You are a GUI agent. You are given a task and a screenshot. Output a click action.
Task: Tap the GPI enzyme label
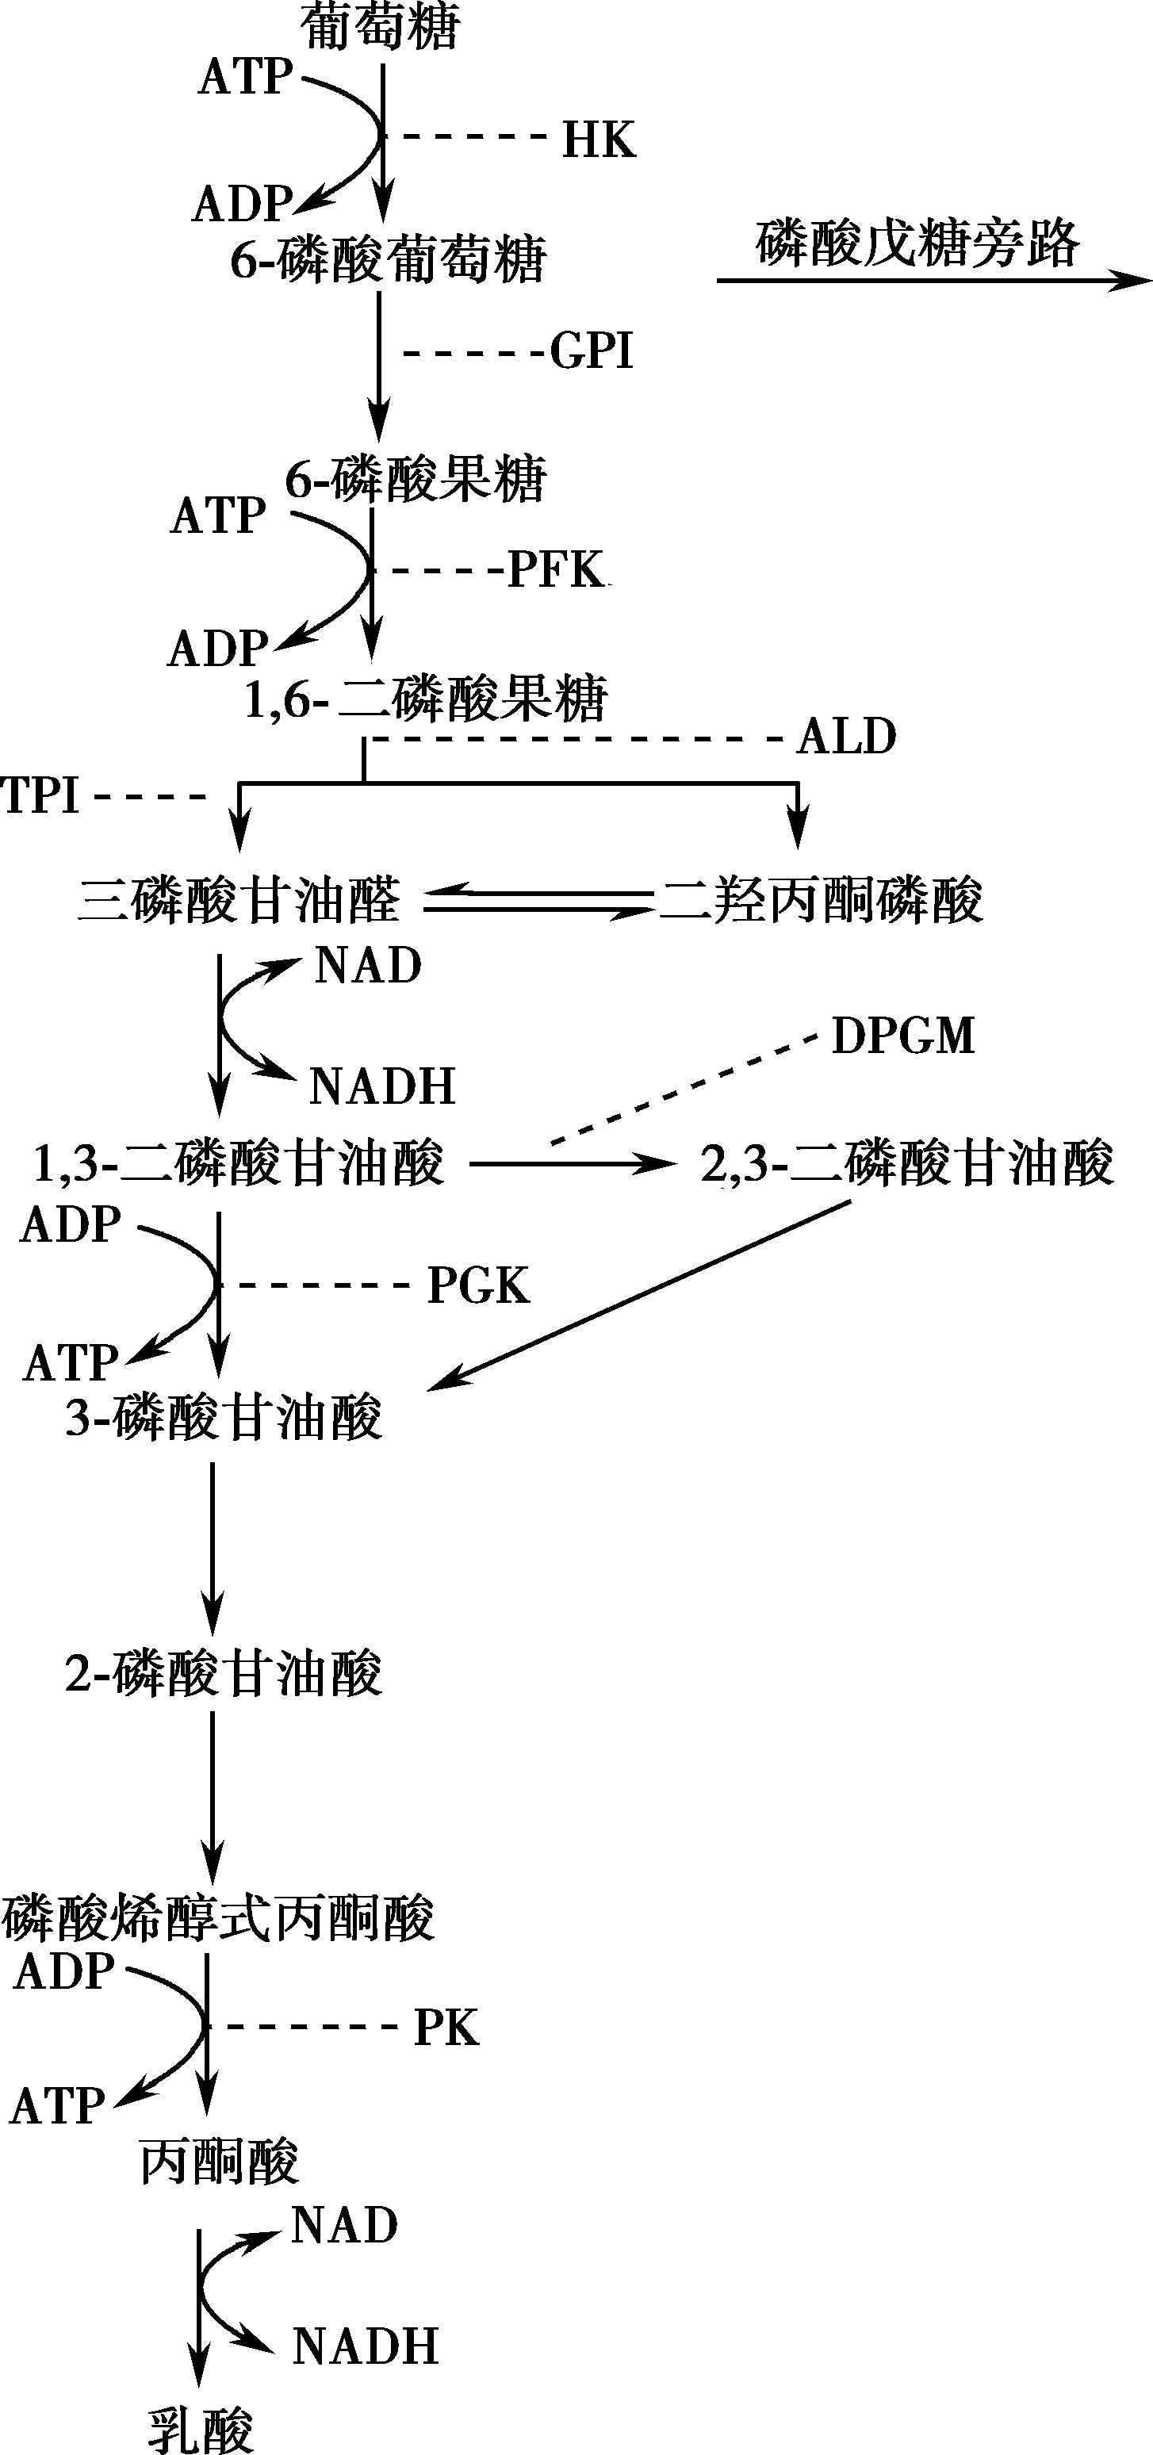[x=592, y=350]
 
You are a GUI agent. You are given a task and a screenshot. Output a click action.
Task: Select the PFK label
[x=557, y=570]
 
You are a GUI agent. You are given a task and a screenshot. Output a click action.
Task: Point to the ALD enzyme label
[x=847, y=737]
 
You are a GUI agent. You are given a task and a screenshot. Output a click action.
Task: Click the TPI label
[x=40, y=795]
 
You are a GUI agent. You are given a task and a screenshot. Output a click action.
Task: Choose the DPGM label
[x=903, y=1036]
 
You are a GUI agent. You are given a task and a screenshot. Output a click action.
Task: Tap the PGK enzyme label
[x=478, y=1285]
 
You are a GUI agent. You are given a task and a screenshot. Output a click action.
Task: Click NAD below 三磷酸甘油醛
[x=368, y=967]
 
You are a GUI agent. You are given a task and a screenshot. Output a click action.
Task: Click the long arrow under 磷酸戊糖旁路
[x=935, y=280]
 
